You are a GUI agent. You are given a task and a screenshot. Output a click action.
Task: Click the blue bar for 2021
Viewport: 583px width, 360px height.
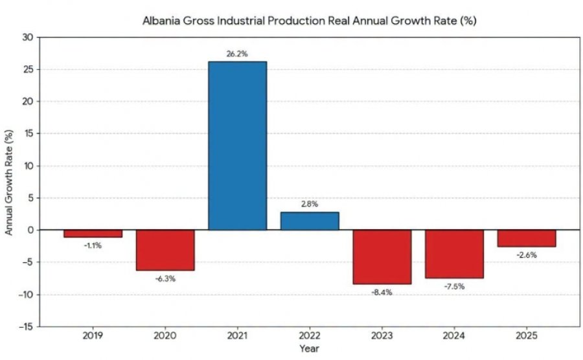(x=237, y=146)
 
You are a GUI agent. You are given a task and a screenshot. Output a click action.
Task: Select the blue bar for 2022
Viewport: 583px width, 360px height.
(x=310, y=221)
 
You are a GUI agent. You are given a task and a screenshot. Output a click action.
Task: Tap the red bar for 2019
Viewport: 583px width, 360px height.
(x=93, y=234)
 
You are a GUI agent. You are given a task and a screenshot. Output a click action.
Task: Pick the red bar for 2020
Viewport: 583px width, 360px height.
(x=165, y=250)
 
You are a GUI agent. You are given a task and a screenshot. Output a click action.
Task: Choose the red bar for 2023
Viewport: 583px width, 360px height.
(x=382, y=257)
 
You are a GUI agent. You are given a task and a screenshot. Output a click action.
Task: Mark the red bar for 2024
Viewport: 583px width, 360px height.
(x=454, y=254)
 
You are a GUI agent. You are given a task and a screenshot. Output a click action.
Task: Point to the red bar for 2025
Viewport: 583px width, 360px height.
(x=527, y=238)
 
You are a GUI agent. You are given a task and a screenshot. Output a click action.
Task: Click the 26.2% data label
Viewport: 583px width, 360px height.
(x=237, y=54)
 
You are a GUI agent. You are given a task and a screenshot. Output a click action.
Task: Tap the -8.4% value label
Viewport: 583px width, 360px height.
(x=382, y=293)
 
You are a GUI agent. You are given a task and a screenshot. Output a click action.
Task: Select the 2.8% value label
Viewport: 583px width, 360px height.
(x=310, y=204)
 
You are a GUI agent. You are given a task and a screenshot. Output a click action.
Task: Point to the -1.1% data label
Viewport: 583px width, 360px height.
(x=93, y=245)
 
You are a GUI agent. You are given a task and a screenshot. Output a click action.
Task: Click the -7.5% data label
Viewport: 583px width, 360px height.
(x=454, y=286)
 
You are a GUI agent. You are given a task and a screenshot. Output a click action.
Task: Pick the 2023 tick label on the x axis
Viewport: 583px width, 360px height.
(x=382, y=336)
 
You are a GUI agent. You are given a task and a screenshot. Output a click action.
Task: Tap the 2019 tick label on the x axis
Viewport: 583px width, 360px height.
(x=93, y=336)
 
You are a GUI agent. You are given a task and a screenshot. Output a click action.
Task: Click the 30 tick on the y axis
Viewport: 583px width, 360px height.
(x=28, y=37)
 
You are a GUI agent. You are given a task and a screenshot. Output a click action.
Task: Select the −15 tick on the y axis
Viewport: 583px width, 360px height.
(x=26, y=327)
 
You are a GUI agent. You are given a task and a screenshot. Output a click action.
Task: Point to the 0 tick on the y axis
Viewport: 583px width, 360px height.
(x=30, y=230)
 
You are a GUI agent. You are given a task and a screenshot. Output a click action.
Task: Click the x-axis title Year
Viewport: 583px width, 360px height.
(x=310, y=348)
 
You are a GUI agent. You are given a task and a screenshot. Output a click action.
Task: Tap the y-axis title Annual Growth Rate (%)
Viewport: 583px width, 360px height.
(x=9, y=183)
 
